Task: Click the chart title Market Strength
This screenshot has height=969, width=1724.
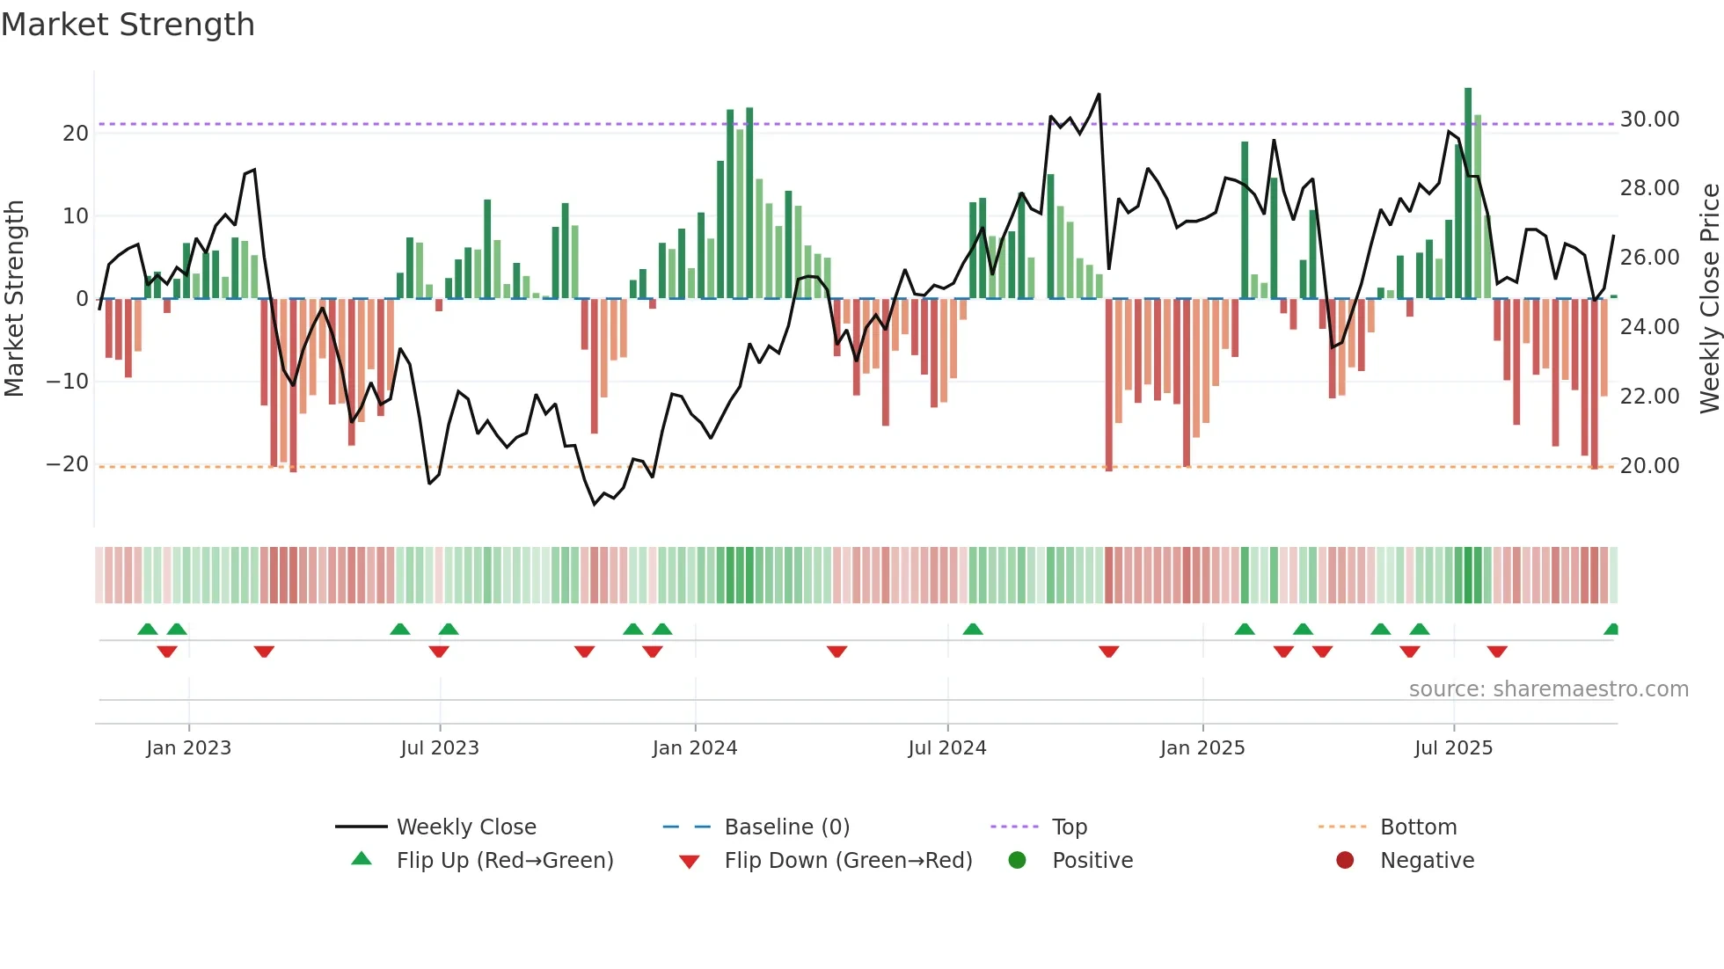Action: [128, 25]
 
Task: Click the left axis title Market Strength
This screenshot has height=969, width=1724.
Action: [15, 299]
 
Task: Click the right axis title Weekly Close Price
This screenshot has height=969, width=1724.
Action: [1709, 299]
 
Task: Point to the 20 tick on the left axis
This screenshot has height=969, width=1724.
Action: [76, 134]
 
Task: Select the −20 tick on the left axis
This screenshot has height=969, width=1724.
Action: [68, 464]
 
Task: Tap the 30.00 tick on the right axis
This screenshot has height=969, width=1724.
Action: [1649, 120]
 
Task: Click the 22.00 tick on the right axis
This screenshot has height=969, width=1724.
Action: [1649, 397]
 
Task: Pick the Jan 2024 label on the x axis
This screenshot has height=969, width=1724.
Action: [695, 748]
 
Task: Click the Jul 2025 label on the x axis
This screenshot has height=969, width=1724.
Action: [1453, 748]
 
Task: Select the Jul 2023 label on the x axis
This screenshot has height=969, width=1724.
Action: [440, 748]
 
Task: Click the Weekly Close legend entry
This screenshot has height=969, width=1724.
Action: [466, 827]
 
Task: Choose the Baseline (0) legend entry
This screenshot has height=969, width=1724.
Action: [786, 827]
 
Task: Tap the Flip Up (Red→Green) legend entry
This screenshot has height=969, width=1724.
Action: [504, 861]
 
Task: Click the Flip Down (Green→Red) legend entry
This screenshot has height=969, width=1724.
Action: [848, 861]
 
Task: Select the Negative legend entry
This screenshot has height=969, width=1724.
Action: [1427, 861]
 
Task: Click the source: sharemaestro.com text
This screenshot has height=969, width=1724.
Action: [1548, 689]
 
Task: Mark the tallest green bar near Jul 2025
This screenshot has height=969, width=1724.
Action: [1468, 193]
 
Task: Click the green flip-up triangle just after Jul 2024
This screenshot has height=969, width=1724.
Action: [973, 629]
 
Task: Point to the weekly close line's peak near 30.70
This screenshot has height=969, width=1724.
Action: [1099, 95]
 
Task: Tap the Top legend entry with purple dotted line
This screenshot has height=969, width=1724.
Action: [1069, 827]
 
